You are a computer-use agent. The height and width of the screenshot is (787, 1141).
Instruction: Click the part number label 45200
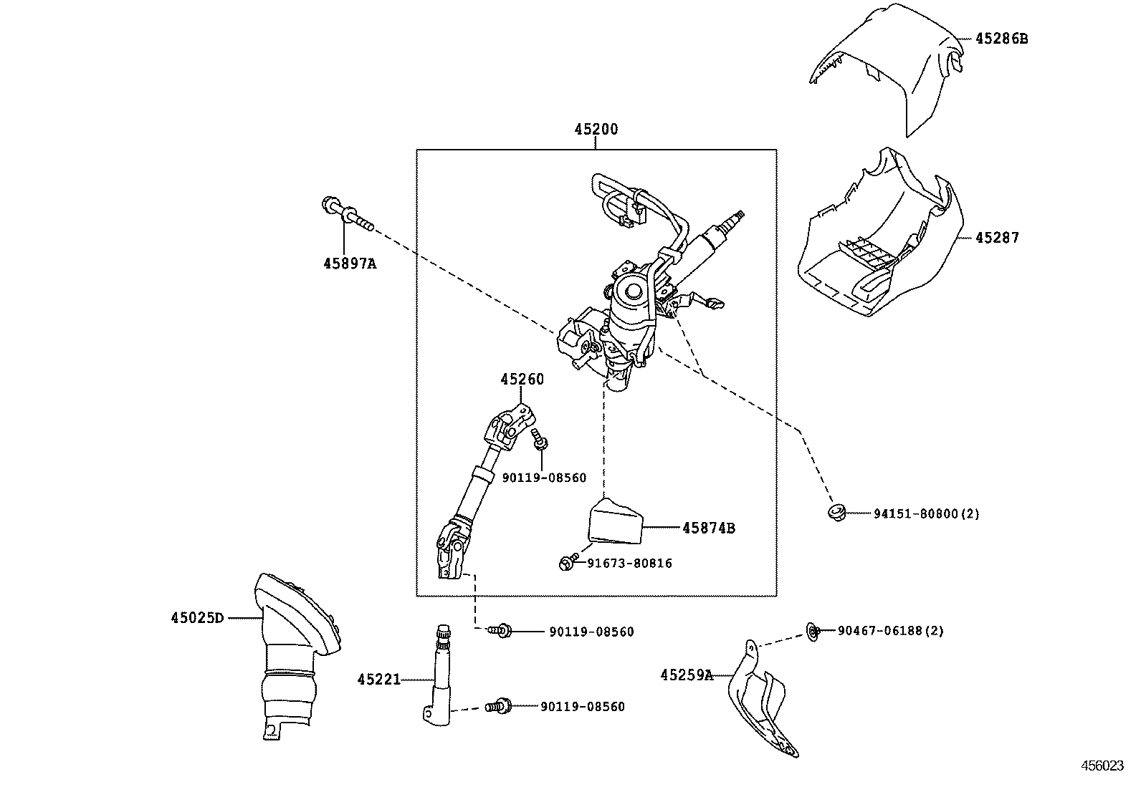(596, 130)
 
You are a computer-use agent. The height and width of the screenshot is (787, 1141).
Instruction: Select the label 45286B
(1001, 39)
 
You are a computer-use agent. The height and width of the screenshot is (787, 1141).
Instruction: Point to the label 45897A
(349, 264)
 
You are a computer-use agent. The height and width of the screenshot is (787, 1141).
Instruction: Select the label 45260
(522, 380)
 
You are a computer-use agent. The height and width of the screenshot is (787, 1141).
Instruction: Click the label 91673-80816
(629, 564)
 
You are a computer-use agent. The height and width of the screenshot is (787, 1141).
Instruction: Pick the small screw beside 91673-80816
(566, 563)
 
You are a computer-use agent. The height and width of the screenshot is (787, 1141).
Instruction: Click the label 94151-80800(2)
(926, 513)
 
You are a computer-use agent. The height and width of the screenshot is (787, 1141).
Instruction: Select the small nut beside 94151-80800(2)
(835, 512)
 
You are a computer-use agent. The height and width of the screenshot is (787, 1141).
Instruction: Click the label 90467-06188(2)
(891, 631)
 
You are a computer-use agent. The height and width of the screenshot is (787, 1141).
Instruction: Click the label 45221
(378, 679)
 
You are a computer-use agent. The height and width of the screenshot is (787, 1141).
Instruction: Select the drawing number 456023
(1102, 766)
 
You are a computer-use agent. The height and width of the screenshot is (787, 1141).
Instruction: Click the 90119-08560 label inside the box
(544, 478)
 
